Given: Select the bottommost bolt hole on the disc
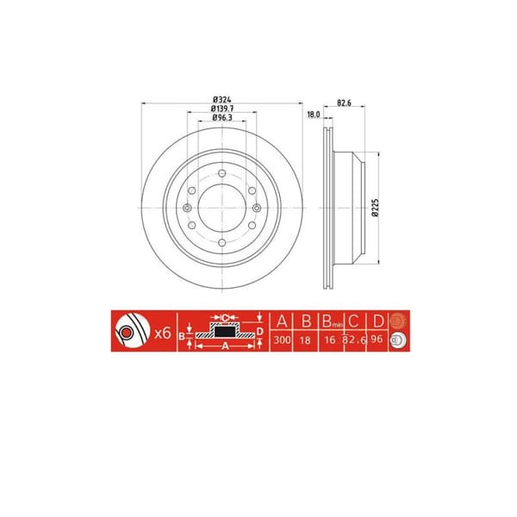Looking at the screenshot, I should pyautogui.click(x=221, y=245).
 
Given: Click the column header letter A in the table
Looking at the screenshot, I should pyautogui.click(x=281, y=322).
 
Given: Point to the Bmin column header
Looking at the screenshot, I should pyautogui.click(x=329, y=323).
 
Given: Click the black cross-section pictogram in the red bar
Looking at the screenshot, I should pyautogui.click(x=223, y=332).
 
